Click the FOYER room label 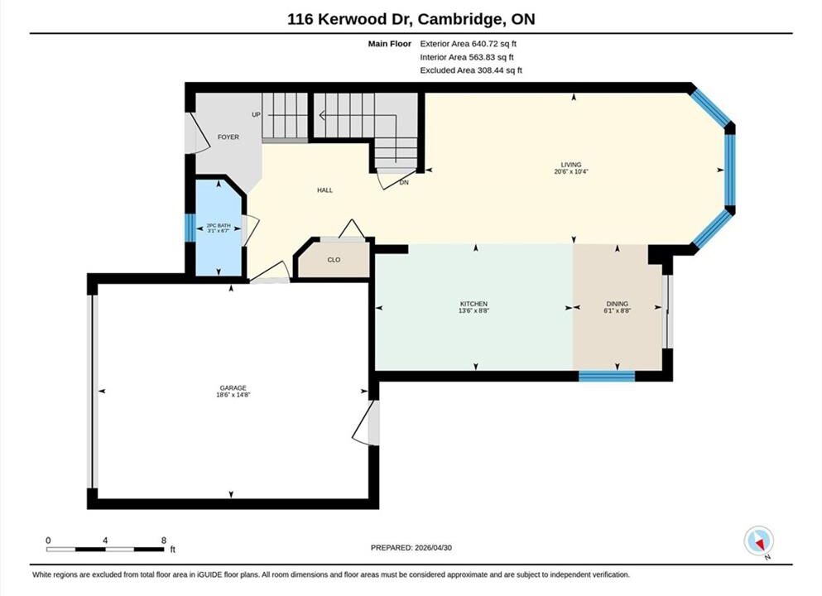228,137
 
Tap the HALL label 324,190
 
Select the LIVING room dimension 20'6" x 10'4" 571,171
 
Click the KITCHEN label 473,304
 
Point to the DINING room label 617,304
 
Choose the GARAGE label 233,388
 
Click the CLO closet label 334,260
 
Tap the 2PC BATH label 219,225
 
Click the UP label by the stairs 256,115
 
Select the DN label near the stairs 404,183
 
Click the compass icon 758,541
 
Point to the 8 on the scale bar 164,540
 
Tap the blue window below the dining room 607,376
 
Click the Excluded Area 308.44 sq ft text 471,70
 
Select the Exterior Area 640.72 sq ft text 469,44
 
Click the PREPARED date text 411,548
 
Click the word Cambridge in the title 458,19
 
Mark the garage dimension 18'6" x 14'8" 234,395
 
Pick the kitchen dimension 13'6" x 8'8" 473,311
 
